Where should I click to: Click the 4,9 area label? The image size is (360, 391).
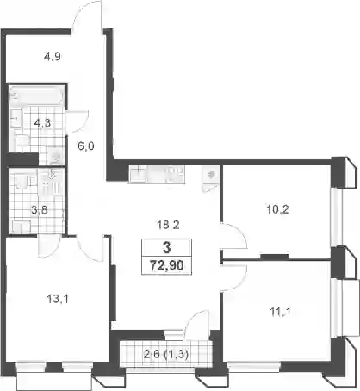pyautogui.click(x=52, y=57)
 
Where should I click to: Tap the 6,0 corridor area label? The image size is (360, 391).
pyautogui.click(x=86, y=146)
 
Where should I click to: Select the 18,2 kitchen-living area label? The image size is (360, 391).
pyautogui.click(x=168, y=225)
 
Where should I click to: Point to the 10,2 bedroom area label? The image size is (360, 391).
pyautogui.click(x=277, y=209)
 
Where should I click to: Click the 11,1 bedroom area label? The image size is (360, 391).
pyautogui.click(x=280, y=312)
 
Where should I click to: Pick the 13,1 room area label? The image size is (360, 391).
pyautogui.click(x=58, y=300)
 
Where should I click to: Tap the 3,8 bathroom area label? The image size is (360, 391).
pyautogui.click(x=40, y=210)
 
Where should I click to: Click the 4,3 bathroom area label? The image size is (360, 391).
pyautogui.click(x=42, y=123)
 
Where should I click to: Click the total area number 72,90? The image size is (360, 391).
pyautogui.click(x=167, y=265)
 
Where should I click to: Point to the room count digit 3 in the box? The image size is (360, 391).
pyautogui.click(x=166, y=247)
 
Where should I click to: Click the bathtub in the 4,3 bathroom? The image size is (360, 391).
pyautogui.click(x=36, y=96)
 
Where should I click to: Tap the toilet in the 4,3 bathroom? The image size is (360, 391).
pyautogui.click(x=22, y=141)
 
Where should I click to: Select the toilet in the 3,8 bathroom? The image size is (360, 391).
pyautogui.click(x=22, y=183)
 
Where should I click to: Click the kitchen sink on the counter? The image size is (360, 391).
pyautogui.click(x=138, y=174)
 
